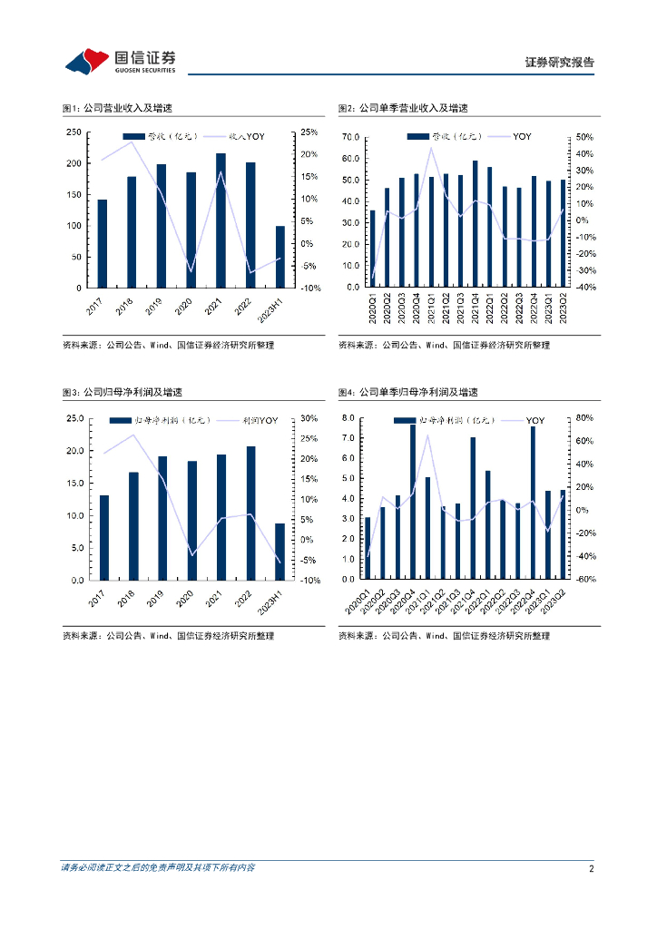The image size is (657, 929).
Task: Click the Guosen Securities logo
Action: click(x=120, y=61)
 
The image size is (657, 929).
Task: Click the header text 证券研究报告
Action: click(x=560, y=63)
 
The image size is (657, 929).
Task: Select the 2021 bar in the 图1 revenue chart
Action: click(x=221, y=220)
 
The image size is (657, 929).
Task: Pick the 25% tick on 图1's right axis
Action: click(x=309, y=132)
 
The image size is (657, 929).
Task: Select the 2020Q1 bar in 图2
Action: click(x=372, y=249)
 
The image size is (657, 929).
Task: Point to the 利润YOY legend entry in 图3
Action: click(x=259, y=421)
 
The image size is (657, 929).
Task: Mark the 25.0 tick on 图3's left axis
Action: click(x=72, y=418)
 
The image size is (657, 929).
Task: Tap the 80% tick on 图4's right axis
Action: click(x=583, y=418)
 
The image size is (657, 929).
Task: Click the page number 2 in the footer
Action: click(x=591, y=868)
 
